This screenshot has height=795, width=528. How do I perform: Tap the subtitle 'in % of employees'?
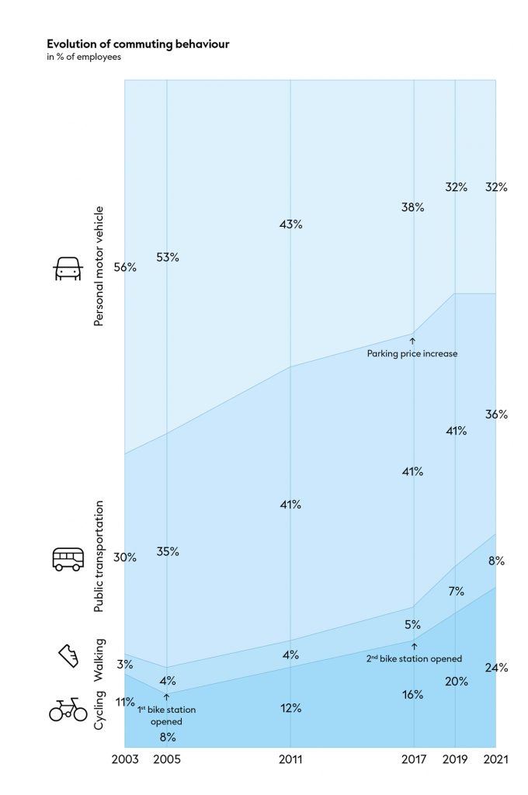pyautogui.click(x=84, y=57)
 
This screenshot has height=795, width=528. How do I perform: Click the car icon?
pyautogui.click(x=68, y=269)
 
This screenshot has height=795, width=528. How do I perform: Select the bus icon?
pyautogui.click(x=68, y=559)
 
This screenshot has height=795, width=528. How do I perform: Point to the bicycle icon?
pyautogui.click(x=68, y=708)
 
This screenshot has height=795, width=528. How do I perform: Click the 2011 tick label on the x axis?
pyautogui.click(x=291, y=760)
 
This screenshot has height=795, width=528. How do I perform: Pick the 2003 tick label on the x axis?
pyautogui.click(x=125, y=760)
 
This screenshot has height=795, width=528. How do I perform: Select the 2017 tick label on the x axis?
pyautogui.click(x=413, y=760)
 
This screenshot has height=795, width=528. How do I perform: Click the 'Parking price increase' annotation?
pyautogui.click(x=412, y=353)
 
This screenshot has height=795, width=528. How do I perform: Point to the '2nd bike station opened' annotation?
pyautogui.click(x=414, y=658)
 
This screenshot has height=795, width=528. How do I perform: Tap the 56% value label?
pyautogui.click(x=125, y=267)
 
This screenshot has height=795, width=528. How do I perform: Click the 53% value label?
pyautogui.click(x=167, y=257)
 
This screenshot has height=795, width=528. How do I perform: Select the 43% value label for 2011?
pyautogui.click(x=291, y=224)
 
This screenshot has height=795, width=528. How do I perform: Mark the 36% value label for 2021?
pyautogui.click(x=496, y=415)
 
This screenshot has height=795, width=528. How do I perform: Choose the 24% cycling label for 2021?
pyautogui.click(x=496, y=668)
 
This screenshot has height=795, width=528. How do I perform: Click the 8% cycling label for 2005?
pyautogui.click(x=167, y=737)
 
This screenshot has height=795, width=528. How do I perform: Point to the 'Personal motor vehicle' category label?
pyautogui.click(x=99, y=267)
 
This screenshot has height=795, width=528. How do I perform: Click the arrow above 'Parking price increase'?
pyautogui.click(x=412, y=340)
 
